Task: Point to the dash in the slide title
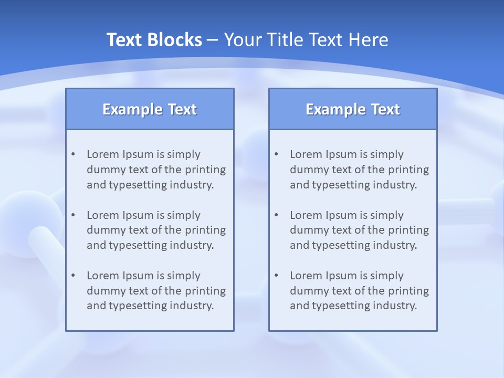point(213,40)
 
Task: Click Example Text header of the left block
point(150,109)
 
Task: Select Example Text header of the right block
point(353,109)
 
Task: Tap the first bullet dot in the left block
point(73,154)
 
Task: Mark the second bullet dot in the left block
point(73,215)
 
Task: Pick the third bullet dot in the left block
point(73,276)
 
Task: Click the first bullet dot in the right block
point(276,154)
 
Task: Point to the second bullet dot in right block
point(276,215)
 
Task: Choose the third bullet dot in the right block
point(276,276)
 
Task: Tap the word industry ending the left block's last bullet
point(194,306)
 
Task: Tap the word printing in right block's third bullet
point(408,291)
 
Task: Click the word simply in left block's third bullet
point(184,276)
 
